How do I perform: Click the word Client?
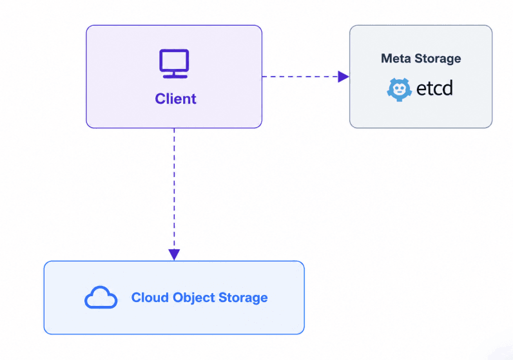click(175, 99)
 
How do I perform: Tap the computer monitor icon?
click(174, 64)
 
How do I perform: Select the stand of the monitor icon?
click(175, 75)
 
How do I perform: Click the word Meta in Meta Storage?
click(396, 59)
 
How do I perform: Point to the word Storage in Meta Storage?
click(438, 59)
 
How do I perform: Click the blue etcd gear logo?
click(399, 90)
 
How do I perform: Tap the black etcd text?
click(435, 88)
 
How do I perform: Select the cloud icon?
click(101, 298)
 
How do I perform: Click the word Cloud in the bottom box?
click(150, 298)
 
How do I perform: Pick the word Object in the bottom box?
click(194, 298)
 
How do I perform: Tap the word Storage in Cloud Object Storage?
click(243, 298)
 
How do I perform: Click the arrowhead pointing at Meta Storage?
click(344, 77)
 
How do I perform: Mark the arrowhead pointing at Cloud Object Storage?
click(174, 255)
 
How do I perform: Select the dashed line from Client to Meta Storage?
click(300, 77)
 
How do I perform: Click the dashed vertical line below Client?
click(174, 189)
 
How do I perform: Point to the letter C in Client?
click(160, 99)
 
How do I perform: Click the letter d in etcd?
click(448, 88)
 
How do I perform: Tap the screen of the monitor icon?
click(174, 61)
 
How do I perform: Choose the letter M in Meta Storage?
click(387, 59)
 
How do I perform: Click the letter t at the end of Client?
click(194, 99)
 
